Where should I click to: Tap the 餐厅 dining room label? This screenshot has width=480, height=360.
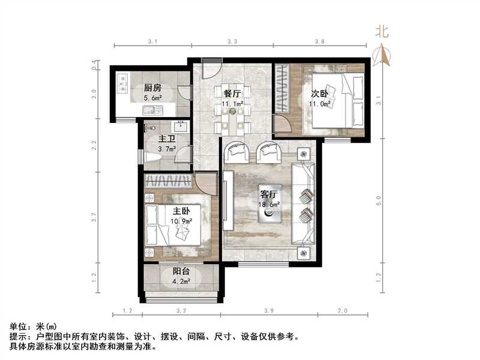tap(232, 93)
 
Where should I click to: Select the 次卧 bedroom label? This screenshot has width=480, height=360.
tap(319, 94)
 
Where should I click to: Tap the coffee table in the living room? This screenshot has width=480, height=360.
tap(269, 210)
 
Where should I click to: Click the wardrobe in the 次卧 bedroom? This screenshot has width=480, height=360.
tap(282, 89)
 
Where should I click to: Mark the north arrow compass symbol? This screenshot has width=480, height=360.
tap(382, 49)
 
